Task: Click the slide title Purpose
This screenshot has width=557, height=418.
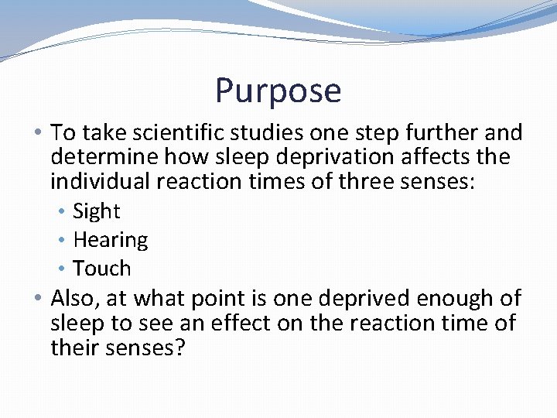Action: [278, 91]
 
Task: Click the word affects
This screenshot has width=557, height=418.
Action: [440, 157]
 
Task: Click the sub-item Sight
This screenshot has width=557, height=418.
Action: [96, 211]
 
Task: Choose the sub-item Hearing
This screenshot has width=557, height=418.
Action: [110, 240]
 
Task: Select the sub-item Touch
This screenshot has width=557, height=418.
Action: [101, 269]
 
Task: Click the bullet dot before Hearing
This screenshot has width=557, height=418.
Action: [64, 240]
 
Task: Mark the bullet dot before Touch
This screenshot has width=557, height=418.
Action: [64, 269]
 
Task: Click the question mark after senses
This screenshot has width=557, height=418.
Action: [179, 348]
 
